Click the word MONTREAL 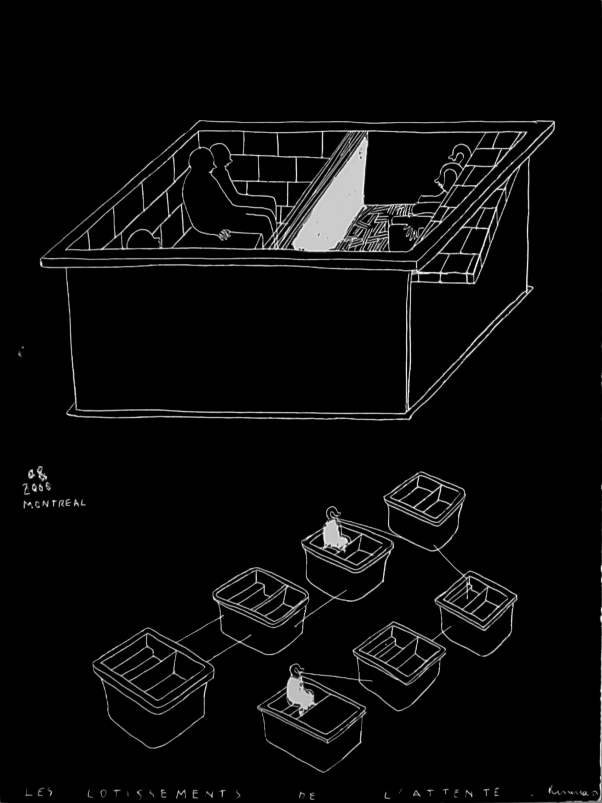tap(54, 503)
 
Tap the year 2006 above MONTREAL tap(38, 488)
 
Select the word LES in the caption tap(38, 791)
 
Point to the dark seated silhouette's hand tap(224, 233)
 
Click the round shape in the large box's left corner tap(143, 238)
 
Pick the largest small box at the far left tap(153, 685)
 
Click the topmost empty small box tap(426, 509)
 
